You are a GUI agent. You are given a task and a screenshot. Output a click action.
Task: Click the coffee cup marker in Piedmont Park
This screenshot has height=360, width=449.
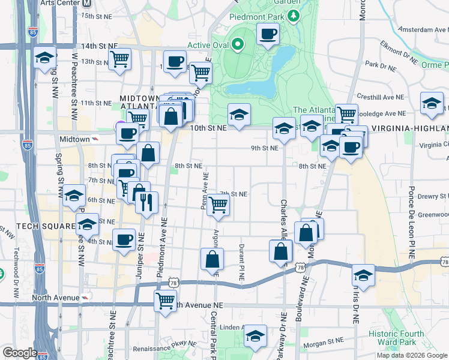pyautogui.click(x=268, y=34)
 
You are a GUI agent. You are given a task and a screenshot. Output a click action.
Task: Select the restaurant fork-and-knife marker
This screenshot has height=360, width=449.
pyautogui.click(x=147, y=203)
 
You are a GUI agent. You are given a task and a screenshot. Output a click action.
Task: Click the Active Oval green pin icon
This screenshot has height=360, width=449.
pyautogui.click(x=238, y=44)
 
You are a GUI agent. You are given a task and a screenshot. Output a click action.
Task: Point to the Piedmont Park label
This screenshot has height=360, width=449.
pyautogui.click(x=257, y=17)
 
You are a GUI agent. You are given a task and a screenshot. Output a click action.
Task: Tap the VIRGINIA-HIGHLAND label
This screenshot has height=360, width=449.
pyautogui.click(x=409, y=128)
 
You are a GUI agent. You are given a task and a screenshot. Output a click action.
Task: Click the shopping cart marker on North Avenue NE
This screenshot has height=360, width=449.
pyautogui.click(x=165, y=300)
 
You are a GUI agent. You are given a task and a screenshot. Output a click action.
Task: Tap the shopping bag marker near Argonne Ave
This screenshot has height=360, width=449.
pyautogui.click(x=212, y=259)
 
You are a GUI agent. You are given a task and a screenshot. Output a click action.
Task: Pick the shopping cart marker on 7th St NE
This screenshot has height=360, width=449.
pyautogui.click(x=218, y=206)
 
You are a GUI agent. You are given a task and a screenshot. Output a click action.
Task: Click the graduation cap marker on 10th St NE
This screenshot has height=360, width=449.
pyautogui.click(x=239, y=114)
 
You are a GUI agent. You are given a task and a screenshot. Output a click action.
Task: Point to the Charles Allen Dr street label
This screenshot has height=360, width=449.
pyautogui.click(x=283, y=221)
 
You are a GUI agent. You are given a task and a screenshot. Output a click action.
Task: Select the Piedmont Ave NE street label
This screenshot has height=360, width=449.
pyautogui.click(x=162, y=243)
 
